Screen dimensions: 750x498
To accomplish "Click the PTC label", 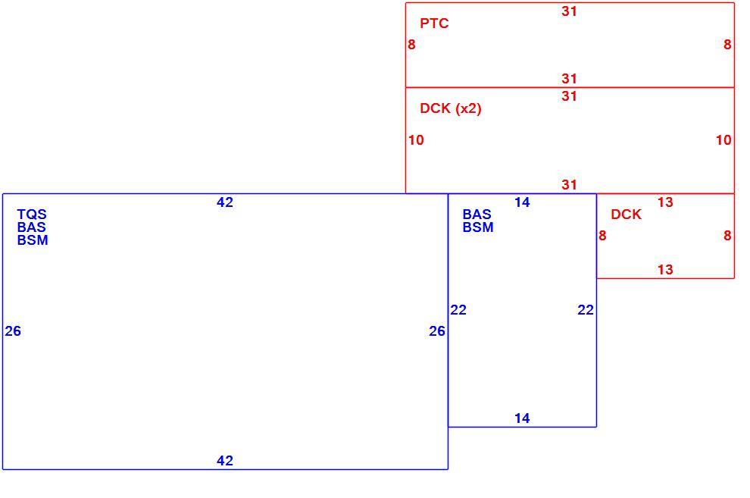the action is [434, 23].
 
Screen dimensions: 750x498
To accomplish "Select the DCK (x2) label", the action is [451, 108].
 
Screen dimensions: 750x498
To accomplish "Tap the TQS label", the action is [32, 215].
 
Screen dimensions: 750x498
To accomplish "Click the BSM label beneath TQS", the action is [33, 240].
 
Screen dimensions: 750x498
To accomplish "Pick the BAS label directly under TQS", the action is [32, 227].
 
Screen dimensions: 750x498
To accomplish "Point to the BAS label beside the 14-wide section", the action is [477, 215].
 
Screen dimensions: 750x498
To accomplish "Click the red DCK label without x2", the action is [626, 215].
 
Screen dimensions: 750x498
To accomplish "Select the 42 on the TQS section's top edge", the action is [225, 202].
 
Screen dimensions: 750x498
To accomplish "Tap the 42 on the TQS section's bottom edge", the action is [225, 461].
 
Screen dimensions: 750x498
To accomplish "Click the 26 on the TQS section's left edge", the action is [13, 331].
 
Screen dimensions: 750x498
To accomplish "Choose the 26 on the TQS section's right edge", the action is [437, 331].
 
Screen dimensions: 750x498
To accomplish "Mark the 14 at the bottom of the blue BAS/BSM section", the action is [522, 418].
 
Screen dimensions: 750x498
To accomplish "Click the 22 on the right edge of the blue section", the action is [586, 310].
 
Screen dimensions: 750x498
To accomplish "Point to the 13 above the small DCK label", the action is [665, 202].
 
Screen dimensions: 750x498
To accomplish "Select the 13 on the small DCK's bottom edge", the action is [665, 270].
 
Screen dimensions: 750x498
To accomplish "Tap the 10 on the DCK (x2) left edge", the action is [416, 140].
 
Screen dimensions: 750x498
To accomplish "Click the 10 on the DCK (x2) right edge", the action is [723, 140].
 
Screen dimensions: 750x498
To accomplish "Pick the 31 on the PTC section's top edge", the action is [569, 11].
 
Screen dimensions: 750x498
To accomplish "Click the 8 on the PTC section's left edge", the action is [412, 45].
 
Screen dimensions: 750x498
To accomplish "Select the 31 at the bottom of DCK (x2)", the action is [569, 185].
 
